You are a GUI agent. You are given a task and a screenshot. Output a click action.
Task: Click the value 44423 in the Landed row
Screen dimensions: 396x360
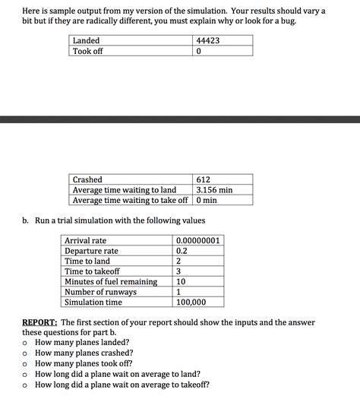tap(207, 40)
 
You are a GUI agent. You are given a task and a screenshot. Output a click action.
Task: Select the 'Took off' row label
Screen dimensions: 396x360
tap(87, 52)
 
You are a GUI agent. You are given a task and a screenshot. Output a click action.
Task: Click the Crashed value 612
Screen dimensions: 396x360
tap(204, 179)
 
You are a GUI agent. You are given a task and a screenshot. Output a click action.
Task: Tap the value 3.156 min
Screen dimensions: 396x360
tap(213, 190)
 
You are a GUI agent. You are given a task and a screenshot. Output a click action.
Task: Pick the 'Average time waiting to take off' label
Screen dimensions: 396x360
tap(130, 200)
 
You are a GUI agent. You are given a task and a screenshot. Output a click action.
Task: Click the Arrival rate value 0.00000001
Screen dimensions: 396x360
tap(197, 241)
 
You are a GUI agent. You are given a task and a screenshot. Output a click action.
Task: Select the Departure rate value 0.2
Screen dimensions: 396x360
tap(182, 251)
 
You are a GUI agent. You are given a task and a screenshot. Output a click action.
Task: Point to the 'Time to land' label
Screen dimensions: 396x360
tap(87, 261)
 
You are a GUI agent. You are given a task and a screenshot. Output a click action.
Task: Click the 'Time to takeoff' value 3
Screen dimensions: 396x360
tap(178, 271)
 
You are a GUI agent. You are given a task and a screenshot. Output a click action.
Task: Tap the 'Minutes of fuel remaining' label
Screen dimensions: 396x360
tap(111, 281)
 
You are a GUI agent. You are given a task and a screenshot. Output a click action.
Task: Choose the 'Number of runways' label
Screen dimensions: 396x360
tap(100, 292)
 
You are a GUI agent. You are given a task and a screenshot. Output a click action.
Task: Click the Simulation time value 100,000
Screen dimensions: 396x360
tap(191, 302)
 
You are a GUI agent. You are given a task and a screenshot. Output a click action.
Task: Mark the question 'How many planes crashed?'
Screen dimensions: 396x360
tap(84, 353)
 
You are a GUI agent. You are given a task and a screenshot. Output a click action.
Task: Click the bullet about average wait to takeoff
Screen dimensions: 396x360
tap(122, 384)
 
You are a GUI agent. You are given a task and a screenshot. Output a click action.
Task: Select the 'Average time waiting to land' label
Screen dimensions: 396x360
tap(124, 190)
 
